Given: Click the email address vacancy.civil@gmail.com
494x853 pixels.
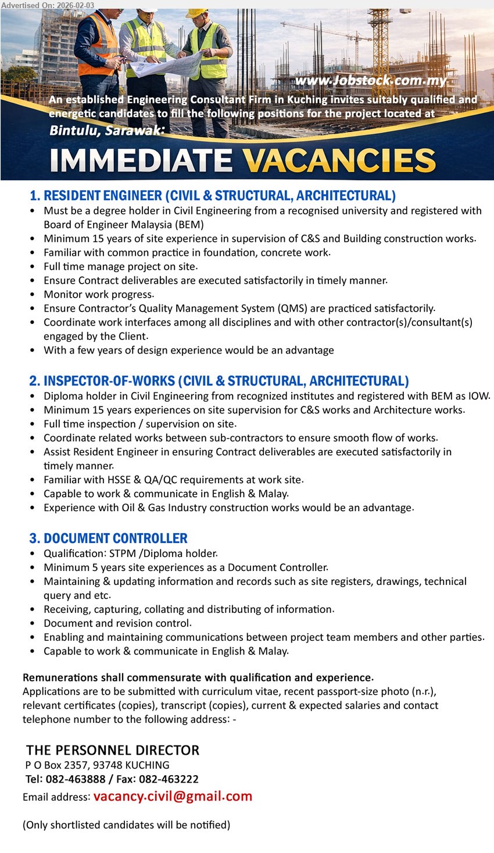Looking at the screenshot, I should (x=173, y=796).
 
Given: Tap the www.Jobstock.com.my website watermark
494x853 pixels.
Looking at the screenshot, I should (x=371, y=81).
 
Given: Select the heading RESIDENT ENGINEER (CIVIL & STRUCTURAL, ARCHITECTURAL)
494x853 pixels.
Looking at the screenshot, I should (x=213, y=195).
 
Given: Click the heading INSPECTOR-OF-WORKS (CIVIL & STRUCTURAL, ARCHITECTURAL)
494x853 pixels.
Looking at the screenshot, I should (x=219, y=381).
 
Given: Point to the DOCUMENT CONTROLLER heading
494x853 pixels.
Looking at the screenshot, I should (x=109, y=538).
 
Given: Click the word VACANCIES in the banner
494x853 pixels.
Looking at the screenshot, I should (x=339, y=160).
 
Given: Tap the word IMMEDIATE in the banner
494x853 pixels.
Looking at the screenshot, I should (x=141, y=160).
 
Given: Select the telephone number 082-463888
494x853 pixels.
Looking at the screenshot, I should (x=76, y=779).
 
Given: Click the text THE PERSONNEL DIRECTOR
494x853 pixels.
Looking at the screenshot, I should (x=113, y=750).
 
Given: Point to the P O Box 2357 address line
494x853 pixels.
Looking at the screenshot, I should (x=98, y=765).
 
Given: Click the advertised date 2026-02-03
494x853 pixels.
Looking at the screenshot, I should (x=76, y=5).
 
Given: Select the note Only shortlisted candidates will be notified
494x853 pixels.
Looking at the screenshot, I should (x=126, y=825).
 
